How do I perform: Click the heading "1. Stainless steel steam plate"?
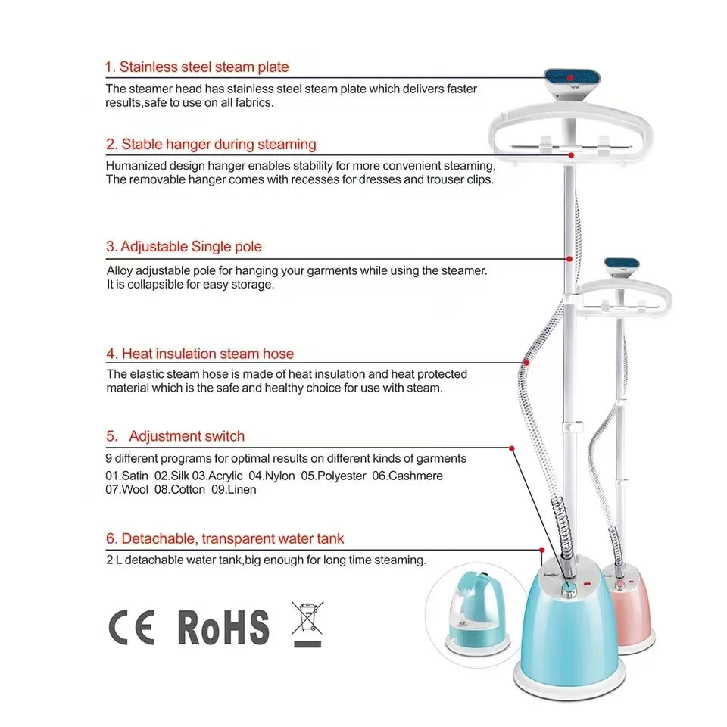coord(197,67)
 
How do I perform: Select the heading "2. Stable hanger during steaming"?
coord(211,144)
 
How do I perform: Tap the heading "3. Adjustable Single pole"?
coord(184,247)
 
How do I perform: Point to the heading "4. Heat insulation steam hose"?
coord(200,354)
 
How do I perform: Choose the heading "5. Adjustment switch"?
coord(175,436)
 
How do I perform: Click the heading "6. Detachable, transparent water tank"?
coord(225,538)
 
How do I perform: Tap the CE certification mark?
coord(131,627)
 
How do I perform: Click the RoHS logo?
coord(223,627)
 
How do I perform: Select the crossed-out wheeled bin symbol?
coord(307,623)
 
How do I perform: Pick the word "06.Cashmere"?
coord(407,476)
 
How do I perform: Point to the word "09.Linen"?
coord(234,490)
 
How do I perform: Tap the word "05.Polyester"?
coord(333,476)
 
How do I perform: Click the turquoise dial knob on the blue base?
coord(569,589)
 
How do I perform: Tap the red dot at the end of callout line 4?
coord(526,363)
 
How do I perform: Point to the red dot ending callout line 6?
coord(542,550)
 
